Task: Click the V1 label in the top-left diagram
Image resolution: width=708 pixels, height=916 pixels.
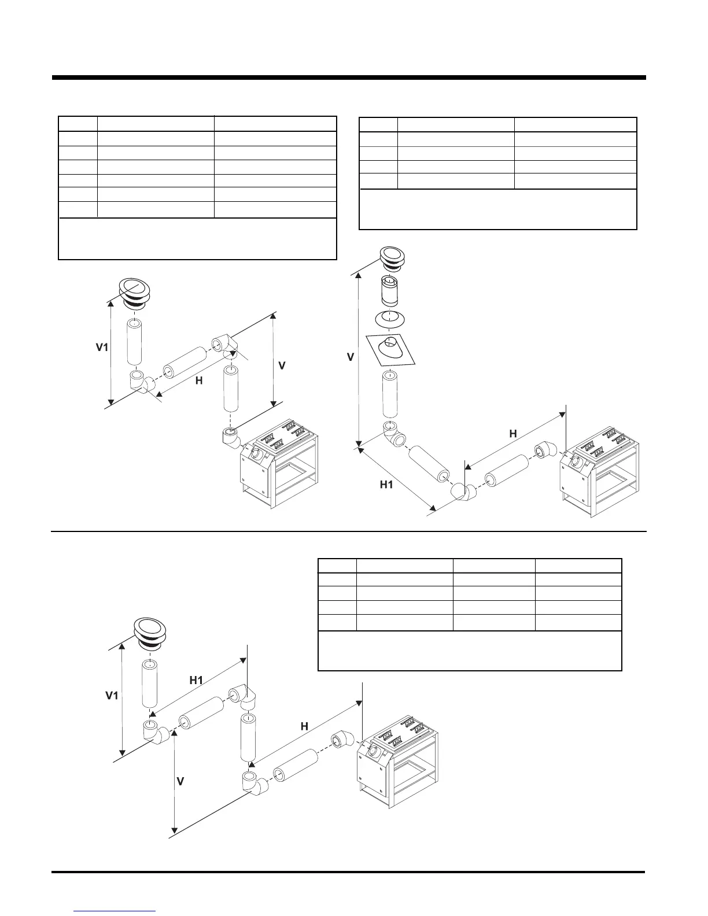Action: [102, 348]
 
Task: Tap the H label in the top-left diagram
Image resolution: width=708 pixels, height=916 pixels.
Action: [198, 381]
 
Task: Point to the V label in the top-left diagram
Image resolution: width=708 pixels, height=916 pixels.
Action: [282, 366]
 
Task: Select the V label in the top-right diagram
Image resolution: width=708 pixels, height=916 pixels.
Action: [351, 357]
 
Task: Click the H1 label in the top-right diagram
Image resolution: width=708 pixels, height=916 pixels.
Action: [386, 485]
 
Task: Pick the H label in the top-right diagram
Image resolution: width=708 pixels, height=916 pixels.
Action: [513, 433]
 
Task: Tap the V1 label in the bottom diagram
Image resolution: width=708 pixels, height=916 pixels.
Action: [112, 696]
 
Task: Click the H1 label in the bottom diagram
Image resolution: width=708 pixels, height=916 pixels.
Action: [197, 680]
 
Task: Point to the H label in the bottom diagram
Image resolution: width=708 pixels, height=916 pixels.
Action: [304, 726]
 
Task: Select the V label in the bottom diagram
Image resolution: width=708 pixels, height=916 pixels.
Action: [180, 781]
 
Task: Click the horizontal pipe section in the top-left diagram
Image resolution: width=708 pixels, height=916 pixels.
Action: [185, 362]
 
